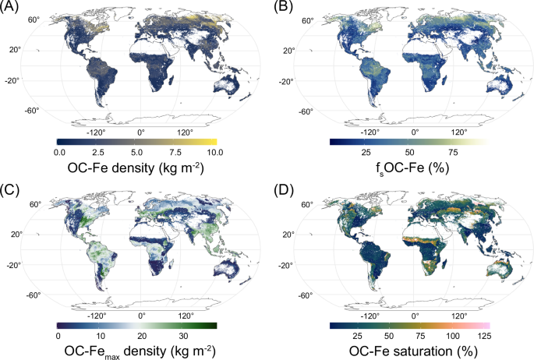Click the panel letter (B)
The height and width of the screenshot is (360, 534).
[x=283, y=7]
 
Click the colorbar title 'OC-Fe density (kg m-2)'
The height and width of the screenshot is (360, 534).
[x=136, y=168]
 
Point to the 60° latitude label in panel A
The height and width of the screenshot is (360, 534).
[x=34, y=18]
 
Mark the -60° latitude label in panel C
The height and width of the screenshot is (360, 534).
[x=33, y=295]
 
